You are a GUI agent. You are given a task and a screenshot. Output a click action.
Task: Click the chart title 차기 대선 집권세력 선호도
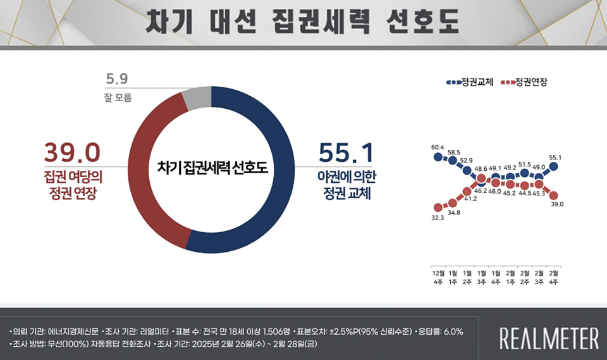click(303, 23)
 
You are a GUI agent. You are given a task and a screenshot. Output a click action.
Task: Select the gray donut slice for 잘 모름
click(195, 97)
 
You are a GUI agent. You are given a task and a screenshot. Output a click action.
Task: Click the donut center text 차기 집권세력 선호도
click(212, 168)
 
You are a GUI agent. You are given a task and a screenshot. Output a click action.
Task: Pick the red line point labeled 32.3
click(438, 208)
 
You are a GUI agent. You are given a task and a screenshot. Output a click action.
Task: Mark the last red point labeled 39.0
click(553, 195)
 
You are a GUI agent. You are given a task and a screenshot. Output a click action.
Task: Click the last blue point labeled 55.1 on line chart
click(553, 166)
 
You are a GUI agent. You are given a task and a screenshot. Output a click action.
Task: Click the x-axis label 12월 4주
click(438, 276)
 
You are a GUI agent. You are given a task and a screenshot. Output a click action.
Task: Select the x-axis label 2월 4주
click(553, 276)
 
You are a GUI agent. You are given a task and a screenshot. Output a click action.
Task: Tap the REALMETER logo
click(549, 338)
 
